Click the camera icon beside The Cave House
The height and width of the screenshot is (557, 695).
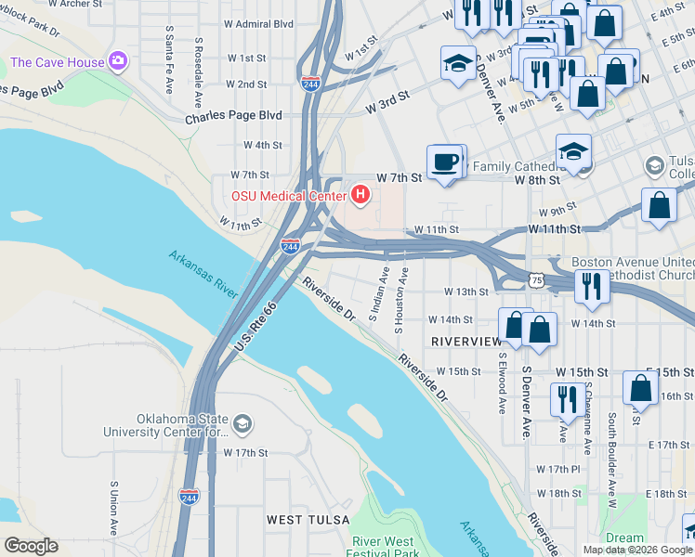click(117, 62)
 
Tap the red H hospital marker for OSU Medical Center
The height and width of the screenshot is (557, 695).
click(361, 195)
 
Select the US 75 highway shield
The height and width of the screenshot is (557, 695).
click(533, 278)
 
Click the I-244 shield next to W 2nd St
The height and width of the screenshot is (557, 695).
click(311, 84)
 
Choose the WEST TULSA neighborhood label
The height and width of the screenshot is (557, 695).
click(308, 519)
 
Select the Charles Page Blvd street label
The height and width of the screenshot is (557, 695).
click(233, 117)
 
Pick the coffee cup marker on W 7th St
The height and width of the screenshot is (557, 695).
click(445, 162)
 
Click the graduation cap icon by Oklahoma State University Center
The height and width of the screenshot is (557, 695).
click(242, 424)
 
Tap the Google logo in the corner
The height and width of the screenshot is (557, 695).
click(31, 546)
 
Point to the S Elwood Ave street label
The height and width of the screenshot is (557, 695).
click(501, 382)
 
